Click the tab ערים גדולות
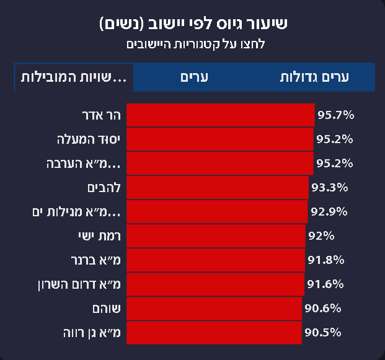tap(315, 77)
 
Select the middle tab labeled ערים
tap(193, 77)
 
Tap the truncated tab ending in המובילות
tap(74, 77)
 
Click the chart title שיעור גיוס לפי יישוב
tap(193, 25)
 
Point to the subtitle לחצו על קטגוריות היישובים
tap(193, 45)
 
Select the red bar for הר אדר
tap(220, 115)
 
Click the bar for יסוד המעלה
tap(219, 139)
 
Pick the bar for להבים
tap(217, 188)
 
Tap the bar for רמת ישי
tap(216, 236)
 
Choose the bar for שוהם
tap(214, 309)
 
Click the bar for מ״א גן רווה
tap(214, 333)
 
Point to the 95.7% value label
tap(335, 115)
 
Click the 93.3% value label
tap(329, 188)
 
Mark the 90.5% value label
tap(323, 333)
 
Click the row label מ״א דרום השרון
tap(80, 284)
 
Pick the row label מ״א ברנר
tap(96, 260)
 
